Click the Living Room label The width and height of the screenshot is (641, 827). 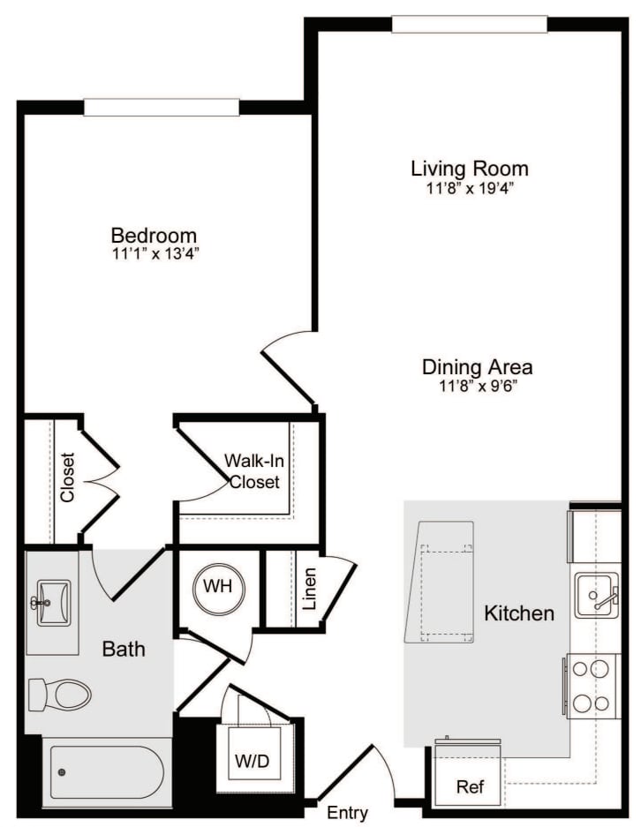(x=469, y=168)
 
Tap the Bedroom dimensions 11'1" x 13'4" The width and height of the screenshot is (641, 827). (x=154, y=254)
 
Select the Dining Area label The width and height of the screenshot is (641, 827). (x=477, y=367)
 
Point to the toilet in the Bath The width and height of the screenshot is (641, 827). (x=59, y=694)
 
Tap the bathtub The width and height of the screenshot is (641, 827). (x=107, y=772)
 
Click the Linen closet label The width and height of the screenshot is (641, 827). (x=308, y=590)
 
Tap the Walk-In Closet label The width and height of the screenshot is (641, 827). (x=253, y=471)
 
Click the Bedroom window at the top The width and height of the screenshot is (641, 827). (x=161, y=107)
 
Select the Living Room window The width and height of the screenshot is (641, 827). (x=469, y=24)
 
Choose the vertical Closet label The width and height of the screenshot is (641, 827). (x=68, y=477)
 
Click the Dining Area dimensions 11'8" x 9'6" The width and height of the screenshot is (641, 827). (x=477, y=386)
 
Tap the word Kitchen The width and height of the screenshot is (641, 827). (x=519, y=613)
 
